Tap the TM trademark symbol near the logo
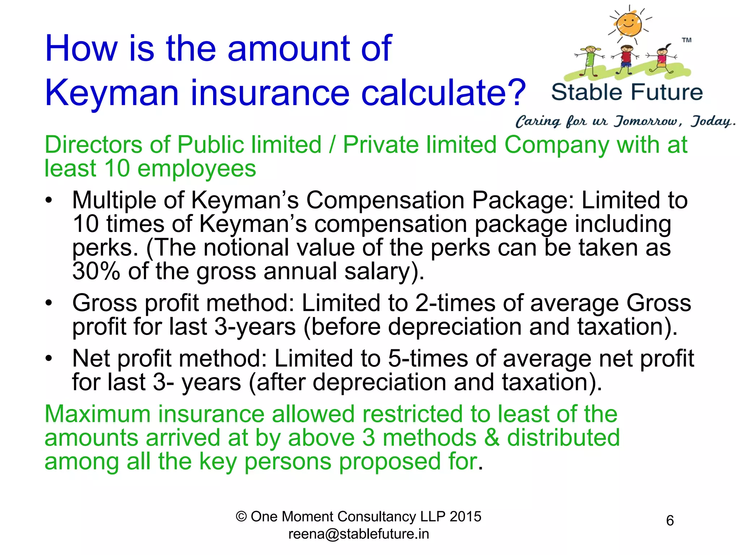tap(687, 40)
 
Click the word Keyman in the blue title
tap(112, 93)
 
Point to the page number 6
tap(670, 521)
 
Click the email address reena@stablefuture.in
tap(358, 534)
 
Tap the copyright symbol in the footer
tap(241, 517)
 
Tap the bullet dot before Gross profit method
tap(49, 303)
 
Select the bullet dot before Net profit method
tap(49, 358)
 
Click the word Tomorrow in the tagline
tap(648, 121)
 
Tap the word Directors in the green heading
tap(94, 145)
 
